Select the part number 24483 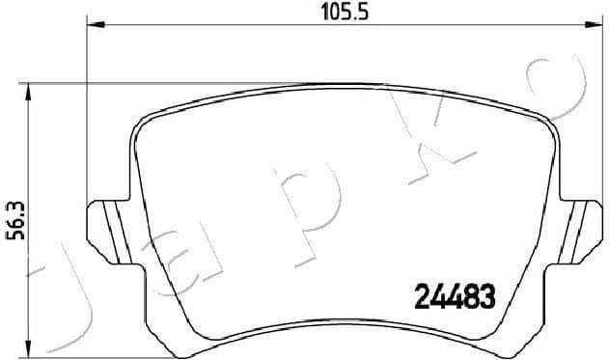(455, 296)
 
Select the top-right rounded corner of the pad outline (546, 120)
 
